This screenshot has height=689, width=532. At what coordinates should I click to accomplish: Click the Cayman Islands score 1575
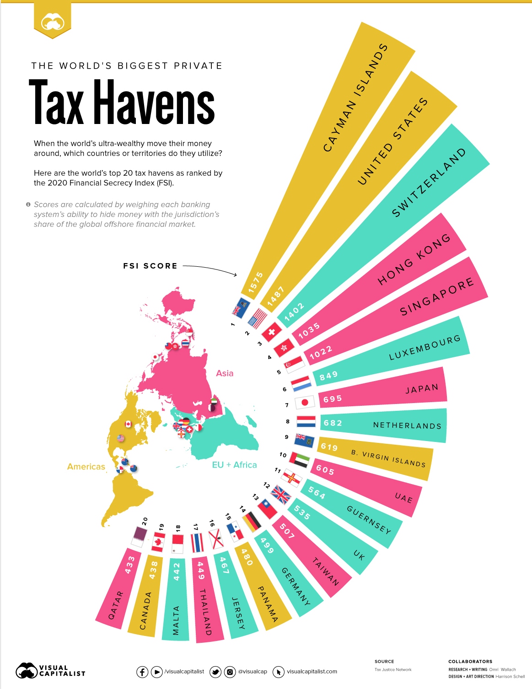click(x=256, y=282)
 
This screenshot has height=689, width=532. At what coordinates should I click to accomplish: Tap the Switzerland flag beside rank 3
click(x=272, y=331)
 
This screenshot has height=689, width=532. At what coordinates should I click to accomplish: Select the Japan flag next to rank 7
click(x=305, y=402)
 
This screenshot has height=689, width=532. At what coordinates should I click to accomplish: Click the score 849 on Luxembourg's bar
click(x=328, y=376)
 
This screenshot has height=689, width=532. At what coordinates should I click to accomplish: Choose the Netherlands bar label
click(x=407, y=425)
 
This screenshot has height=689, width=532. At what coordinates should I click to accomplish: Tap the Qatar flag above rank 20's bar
click(x=139, y=536)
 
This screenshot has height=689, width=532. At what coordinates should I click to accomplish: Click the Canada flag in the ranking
click(x=158, y=542)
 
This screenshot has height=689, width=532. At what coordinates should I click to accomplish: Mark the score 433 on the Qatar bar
click(x=130, y=565)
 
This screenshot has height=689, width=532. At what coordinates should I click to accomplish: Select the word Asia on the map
click(x=225, y=373)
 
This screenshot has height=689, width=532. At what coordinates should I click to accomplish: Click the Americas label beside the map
click(x=86, y=467)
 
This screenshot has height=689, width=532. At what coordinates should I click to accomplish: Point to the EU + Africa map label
click(x=234, y=465)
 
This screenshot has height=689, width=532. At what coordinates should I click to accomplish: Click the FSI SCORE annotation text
click(x=150, y=266)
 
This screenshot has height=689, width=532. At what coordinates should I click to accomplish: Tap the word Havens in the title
click(x=155, y=102)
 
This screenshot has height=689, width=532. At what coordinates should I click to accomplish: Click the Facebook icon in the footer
click(x=142, y=672)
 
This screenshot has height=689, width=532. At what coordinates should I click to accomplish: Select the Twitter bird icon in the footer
click(x=215, y=672)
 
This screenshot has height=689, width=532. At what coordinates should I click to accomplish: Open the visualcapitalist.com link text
click(x=312, y=672)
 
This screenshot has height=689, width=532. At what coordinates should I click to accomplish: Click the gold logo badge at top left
click(x=52, y=21)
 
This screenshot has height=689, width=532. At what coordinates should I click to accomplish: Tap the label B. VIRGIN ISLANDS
click(x=388, y=458)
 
